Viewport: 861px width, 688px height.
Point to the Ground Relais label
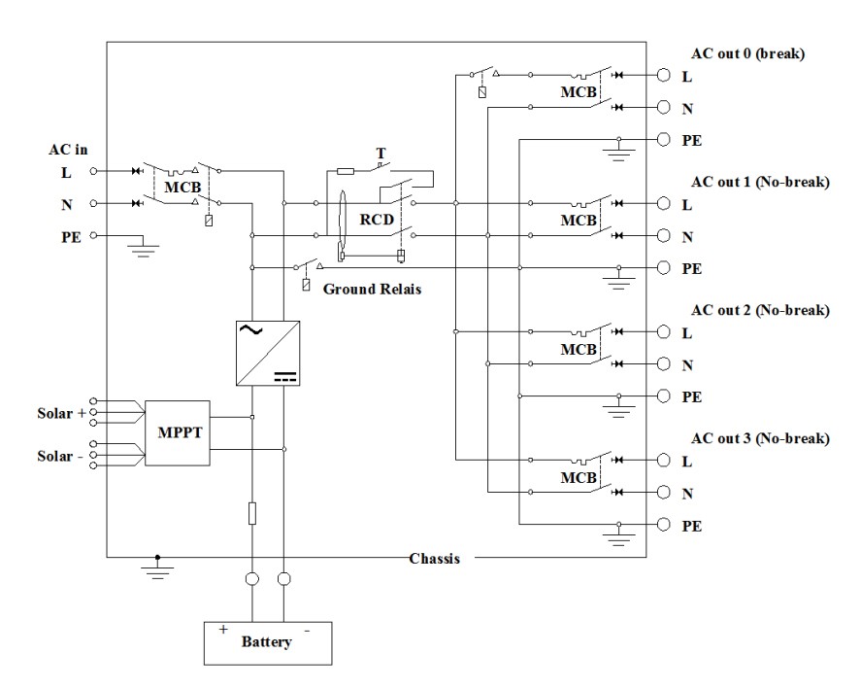click(371, 289)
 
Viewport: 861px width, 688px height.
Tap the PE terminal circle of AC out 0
click(663, 139)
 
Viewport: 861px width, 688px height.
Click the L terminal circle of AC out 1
click(663, 204)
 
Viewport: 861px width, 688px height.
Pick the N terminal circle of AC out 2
click(663, 364)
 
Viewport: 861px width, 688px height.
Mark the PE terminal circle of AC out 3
click(663, 525)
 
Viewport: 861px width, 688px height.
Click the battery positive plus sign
click(223, 630)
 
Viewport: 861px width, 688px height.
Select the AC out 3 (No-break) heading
click(760, 439)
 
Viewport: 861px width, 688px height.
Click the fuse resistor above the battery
click(252, 512)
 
